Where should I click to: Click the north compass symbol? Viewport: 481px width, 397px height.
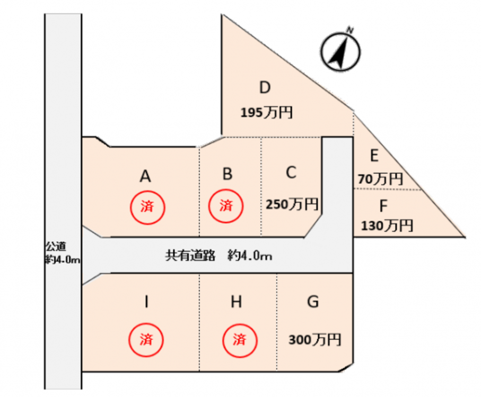pyautogui.click(x=340, y=51)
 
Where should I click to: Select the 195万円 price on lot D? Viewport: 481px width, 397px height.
pyautogui.click(x=266, y=113)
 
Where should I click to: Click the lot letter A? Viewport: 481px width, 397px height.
pyautogui.click(x=146, y=176)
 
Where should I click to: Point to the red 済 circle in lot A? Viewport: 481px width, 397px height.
pyautogui.click(x=147, y=207)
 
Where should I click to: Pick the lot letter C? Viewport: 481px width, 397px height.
pyautogui.click(x=291, y=173)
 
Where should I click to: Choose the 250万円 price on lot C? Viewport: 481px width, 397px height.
pyautogui.click(x=292, y=204)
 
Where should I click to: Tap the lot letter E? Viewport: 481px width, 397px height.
pyautogui.click(x=374, y=156)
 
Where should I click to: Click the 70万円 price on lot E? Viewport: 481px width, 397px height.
pyautogui.click(x=380, y=179)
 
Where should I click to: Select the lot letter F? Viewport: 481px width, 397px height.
pyautogui.click(x=384, y=204)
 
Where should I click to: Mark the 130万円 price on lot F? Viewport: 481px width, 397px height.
pyautogui.click(x=387, y=226)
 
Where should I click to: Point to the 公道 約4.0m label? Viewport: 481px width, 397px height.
pyautogui.click(x=63, y=253)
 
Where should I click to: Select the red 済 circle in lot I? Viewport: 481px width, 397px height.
pyautogui.click(x=147, y=338)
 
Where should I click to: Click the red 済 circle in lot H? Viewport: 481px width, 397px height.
pyautogui.click(x=240, y=338)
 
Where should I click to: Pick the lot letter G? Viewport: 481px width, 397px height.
pyautogui.click(x=313, y=302)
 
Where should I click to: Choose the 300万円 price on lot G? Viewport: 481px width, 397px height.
pyautogui.click(x=315, y=339)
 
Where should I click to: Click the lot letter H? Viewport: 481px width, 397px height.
pyautogui.click(x=237, y=302)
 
